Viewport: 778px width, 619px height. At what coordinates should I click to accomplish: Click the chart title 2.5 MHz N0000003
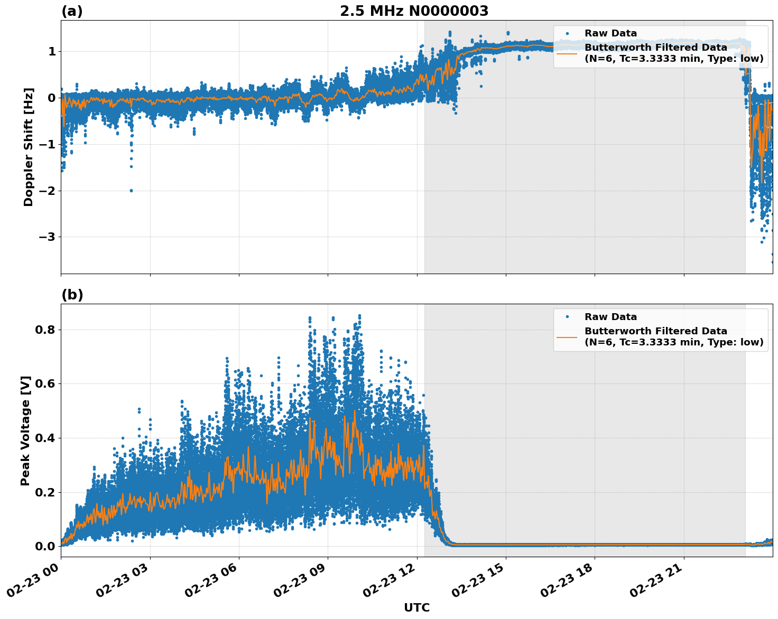(414, 11)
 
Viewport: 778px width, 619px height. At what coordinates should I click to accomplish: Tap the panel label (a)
(72, 11)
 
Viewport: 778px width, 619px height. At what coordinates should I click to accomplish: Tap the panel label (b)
(72, 295)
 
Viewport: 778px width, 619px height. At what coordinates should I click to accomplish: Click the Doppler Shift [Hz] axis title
(29, 147)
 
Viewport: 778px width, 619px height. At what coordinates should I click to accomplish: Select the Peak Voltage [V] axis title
(25, 430)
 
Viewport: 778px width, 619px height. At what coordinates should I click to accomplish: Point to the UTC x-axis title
(416, 607)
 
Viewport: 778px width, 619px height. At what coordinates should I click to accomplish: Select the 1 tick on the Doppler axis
(52, 51)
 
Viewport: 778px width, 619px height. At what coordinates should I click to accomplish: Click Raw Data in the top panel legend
(610, 33)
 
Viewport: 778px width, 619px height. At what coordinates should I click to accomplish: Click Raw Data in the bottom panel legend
(610, 317)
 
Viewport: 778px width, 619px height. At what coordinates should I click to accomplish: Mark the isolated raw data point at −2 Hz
(131, 191)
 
